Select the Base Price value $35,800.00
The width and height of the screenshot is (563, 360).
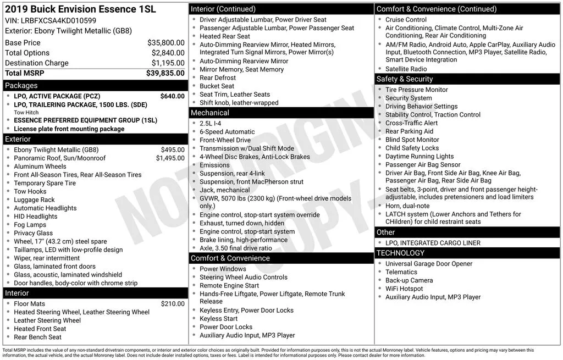pos(165,43)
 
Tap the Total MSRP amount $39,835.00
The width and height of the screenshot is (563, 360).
pos(165,73)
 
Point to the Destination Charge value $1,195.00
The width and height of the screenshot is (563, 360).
pos(168,63)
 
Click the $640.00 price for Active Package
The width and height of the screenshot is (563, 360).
pos(172,96)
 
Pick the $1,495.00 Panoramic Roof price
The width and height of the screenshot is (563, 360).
pos(170,158)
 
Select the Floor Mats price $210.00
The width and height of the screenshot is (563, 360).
pos(173,304)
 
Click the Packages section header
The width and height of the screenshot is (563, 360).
pos(21,86)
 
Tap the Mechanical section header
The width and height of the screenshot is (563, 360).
pos(210,113)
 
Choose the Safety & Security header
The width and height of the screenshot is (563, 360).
pos(405,79)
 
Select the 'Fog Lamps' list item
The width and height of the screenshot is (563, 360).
pos(30,225)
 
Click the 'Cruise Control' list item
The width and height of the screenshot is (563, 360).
pos(406,20)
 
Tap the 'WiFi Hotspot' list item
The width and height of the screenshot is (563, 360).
pos(404,289)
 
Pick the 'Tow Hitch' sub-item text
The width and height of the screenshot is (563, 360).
pos(26,113)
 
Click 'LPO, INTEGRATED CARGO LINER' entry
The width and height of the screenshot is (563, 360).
pos(433,243)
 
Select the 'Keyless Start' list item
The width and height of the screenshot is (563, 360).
pos(218,319)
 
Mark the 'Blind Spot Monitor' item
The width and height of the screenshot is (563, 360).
pos(412,140)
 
